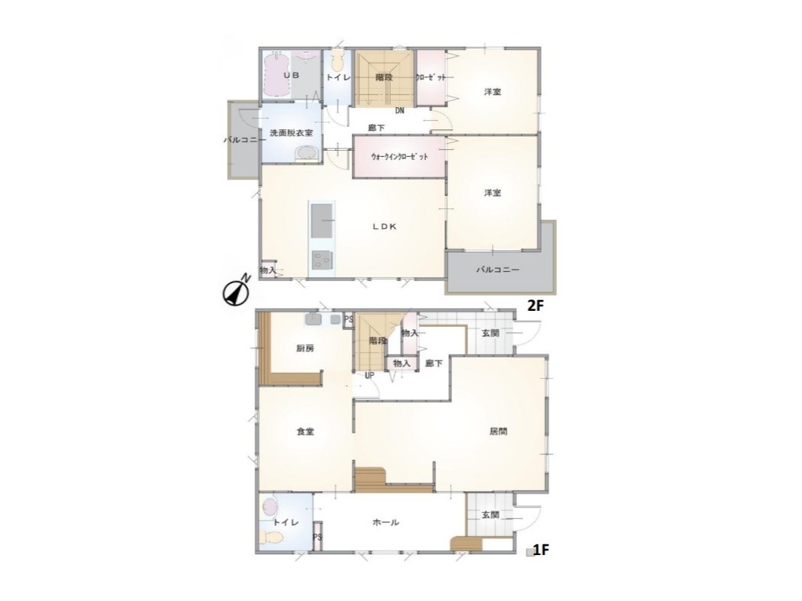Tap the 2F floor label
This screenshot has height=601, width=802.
tap(535, 305)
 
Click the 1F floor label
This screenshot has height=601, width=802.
tap(541, 550)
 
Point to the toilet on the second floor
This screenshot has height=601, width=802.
tap(336, 60)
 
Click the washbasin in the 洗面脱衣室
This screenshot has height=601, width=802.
tap(307, 153)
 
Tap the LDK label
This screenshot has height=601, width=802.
tap(384, 227)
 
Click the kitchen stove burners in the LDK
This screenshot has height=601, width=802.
tap(321, 260)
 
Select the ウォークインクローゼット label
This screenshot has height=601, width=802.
tap(399, 156)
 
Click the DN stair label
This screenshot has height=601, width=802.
tap(399, 110)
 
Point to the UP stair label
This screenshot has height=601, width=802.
tap(369, 376)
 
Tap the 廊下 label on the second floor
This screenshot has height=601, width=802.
tap(376, 128)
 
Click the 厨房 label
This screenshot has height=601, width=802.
tap(305, 349)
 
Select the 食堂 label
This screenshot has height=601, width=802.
tap(306, 432)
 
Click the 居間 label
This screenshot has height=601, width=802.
tap(499, 431)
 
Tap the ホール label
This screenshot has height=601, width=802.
tap(385, 522)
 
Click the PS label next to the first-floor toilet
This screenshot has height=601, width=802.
tap(318, 537)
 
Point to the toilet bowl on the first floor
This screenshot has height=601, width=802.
tap(272, 537)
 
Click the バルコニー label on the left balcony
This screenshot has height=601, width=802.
tap(244, 139)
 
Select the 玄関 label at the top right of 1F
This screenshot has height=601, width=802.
tap(490, 333)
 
